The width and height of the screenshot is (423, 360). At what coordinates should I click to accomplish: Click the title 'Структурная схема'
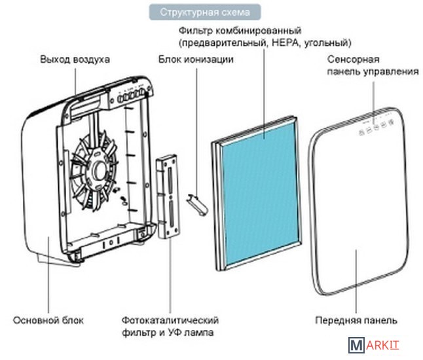pyautogui.click(x=205, y=12)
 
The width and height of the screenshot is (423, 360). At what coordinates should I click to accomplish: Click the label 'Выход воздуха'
pyautogui.click(x=75, y=60)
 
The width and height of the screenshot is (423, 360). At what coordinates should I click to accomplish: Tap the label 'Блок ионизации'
pyautogui.click(x=196, y=60)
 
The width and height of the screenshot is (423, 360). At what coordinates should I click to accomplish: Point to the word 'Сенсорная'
pyautogui.click(x=354, y=60)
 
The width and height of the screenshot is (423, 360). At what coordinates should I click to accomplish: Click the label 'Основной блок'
pyautogui.click(x=48, y=320)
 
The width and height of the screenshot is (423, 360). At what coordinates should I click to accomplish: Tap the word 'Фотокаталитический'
pyautogui.click(x=170, y=320)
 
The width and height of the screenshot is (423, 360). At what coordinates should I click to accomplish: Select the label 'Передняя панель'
pyautogui.click(x=356, y=320)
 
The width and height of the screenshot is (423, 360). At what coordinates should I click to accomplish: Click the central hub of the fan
pyautogui.click(x=100, y=171)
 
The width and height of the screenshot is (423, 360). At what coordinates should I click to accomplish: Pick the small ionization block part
pyautogui.click(x=198, y=204)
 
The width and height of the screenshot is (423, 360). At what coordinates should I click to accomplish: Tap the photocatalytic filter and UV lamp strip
pyautogui.click(x=167, y=196)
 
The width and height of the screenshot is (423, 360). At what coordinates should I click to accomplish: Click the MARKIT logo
pyautogui.click(x=373, y=345)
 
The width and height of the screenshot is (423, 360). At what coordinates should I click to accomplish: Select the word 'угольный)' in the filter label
pyautogui.click(x=328, y=43)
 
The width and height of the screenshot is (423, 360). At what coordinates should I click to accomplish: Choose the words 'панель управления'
pyautogui.click(x=373, y=72)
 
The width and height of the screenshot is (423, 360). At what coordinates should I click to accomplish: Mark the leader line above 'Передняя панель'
pyautogui.click(x=356, y=281)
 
